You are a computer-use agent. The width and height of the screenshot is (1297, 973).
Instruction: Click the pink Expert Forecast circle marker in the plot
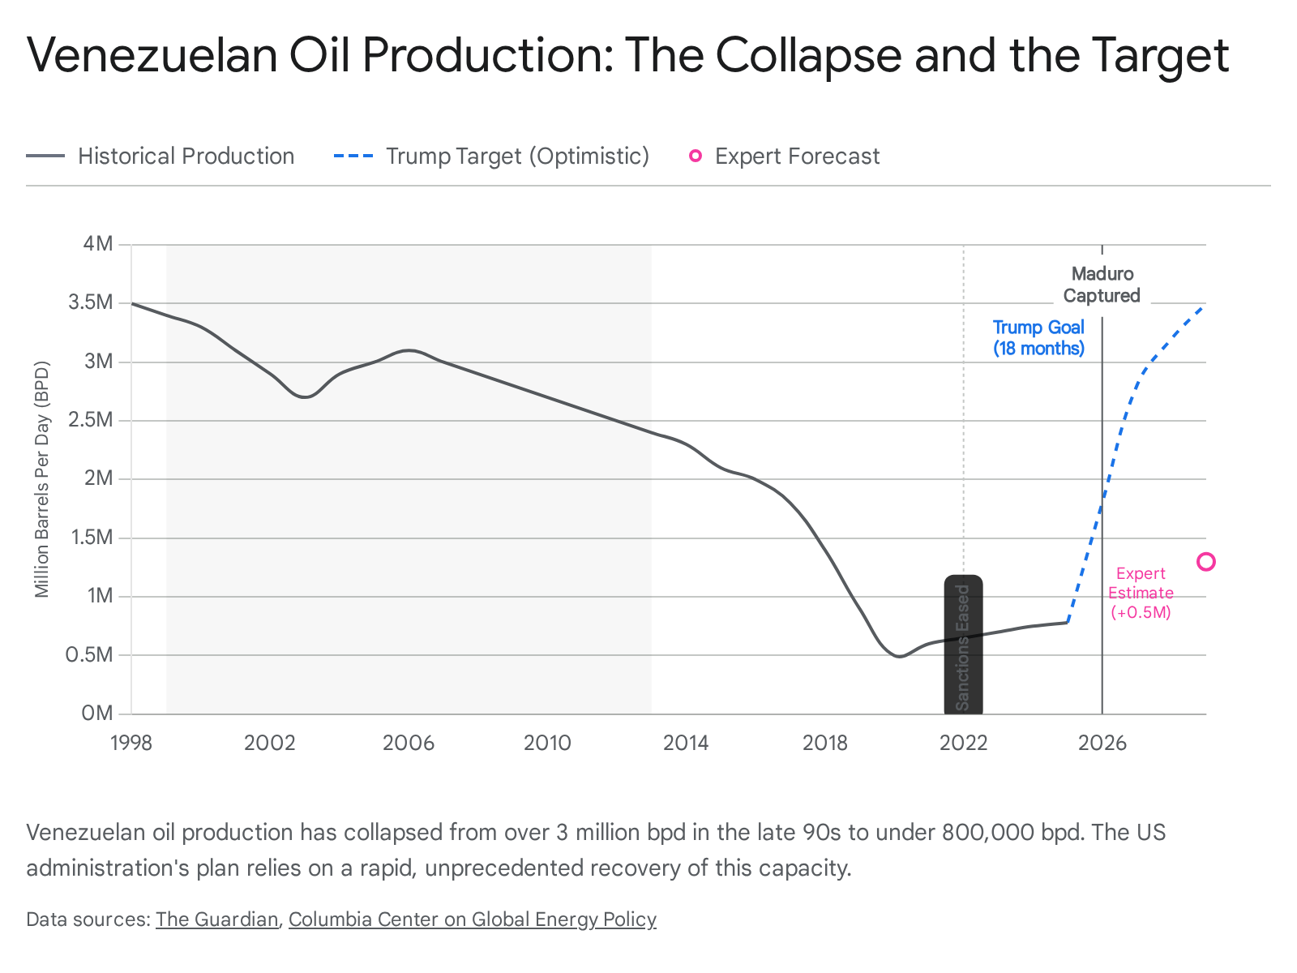click(1206, 562)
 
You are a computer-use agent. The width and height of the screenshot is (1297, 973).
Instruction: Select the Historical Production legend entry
click(161, 156)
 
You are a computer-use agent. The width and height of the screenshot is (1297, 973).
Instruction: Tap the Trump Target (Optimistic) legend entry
click(491, 156)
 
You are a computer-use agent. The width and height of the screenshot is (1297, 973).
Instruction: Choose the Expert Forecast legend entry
click(784, 156)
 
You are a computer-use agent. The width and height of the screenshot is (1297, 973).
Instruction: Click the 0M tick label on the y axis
click(98, 714)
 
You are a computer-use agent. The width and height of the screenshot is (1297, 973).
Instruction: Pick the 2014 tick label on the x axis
click(686, 743)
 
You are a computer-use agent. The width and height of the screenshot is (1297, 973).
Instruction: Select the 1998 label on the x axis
click(131, 743)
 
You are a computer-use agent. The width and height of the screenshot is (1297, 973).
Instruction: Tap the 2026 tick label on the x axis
click(1102, 743)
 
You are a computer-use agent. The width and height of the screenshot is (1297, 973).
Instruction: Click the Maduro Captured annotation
click(1102, 285)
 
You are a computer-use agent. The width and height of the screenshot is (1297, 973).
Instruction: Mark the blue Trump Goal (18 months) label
click(1038, 338)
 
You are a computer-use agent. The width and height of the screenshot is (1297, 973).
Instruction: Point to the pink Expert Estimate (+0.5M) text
click(1141, 593)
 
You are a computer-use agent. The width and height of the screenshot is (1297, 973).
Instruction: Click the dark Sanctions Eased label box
click(963, 645)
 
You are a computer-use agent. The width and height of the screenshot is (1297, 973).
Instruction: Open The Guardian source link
click(216, 919)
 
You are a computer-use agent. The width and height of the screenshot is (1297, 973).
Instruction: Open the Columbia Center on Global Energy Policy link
click(472, 919)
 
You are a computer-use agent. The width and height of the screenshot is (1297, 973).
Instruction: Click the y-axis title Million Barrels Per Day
click(42, 478)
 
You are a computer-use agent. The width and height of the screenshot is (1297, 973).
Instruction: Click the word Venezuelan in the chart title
click(152, 55)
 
